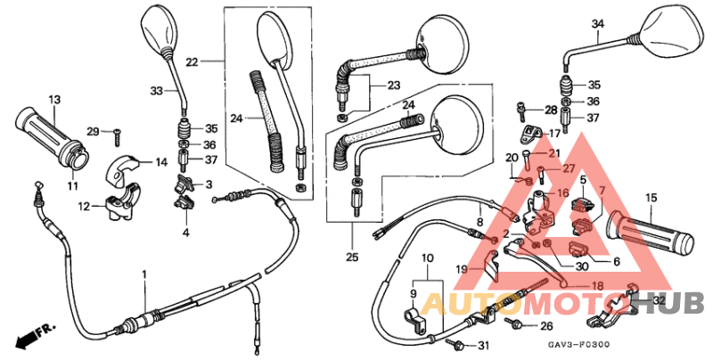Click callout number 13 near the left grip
53,99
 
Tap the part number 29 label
93,132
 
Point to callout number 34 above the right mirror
596,24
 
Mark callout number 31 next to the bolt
484,346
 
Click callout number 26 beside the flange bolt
546,325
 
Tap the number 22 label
192,61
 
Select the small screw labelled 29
116,135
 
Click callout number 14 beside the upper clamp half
161,162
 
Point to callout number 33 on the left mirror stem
156,91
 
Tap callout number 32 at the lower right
659,301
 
